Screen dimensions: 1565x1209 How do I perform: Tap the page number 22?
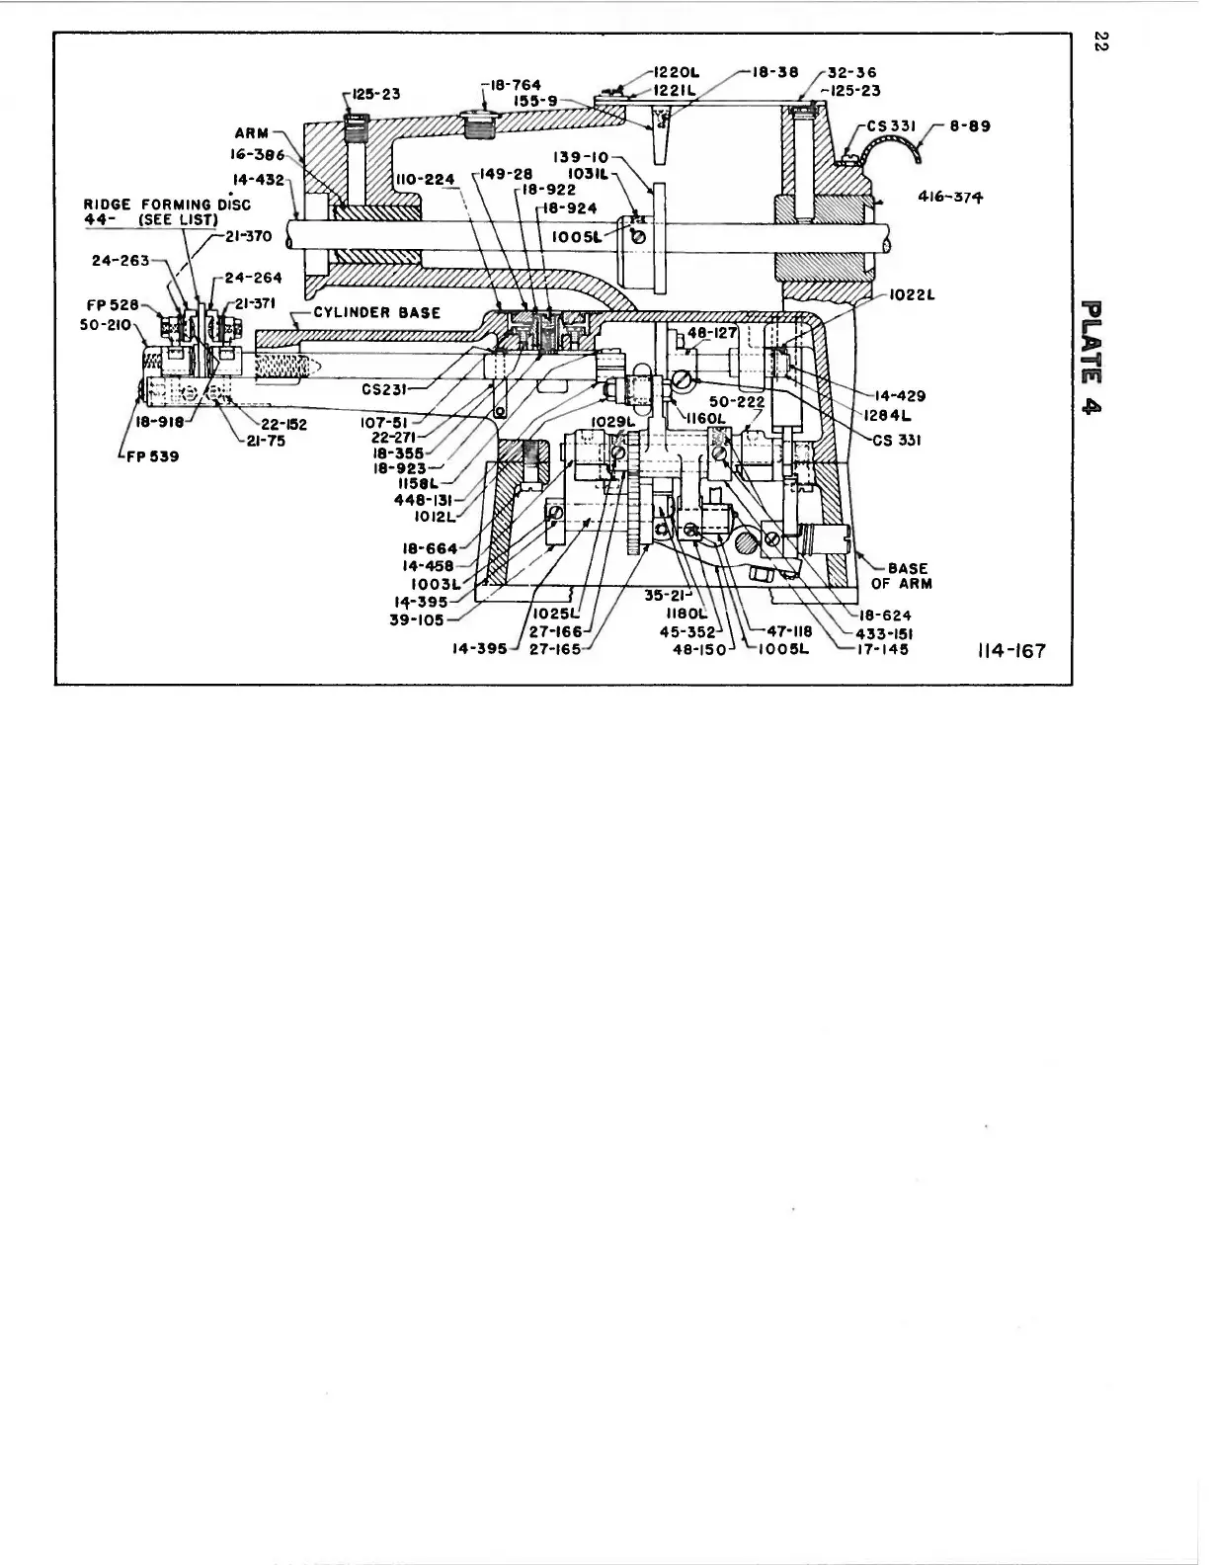[1096, 42]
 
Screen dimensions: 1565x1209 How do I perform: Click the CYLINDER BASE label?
[376, 312]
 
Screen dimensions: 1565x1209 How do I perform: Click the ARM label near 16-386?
[251, 133]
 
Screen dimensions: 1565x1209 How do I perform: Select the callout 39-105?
[418, 620]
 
